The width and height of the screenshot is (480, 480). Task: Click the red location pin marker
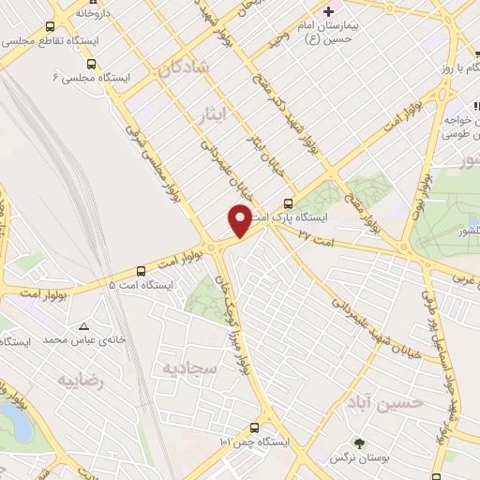click(x=240, y=221)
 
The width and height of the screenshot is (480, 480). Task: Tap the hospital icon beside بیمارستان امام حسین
click(x=328, y=12)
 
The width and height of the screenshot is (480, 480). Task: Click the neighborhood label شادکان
click(x=182, y=68)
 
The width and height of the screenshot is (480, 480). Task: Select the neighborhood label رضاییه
click(x=80, y=382)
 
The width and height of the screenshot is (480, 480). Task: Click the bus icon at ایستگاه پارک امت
click(x=288, y=202)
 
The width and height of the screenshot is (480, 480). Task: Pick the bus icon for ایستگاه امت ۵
click(x=141, y=268)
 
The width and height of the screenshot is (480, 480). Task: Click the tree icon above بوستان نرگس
click(x=358, y=443)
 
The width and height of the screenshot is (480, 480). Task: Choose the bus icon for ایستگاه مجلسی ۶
click(x=91, y=64)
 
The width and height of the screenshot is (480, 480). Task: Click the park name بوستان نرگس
click(x=357, y=459)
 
